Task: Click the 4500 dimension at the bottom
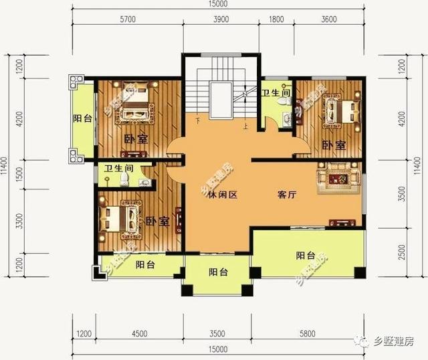click(x=139, y=333)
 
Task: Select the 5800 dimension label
click(x=307, y=333)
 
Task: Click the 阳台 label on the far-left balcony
click(x=82, y=118)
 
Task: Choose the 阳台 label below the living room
click(x=306, y=254)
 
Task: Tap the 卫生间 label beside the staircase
click(x=275, y=94)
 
